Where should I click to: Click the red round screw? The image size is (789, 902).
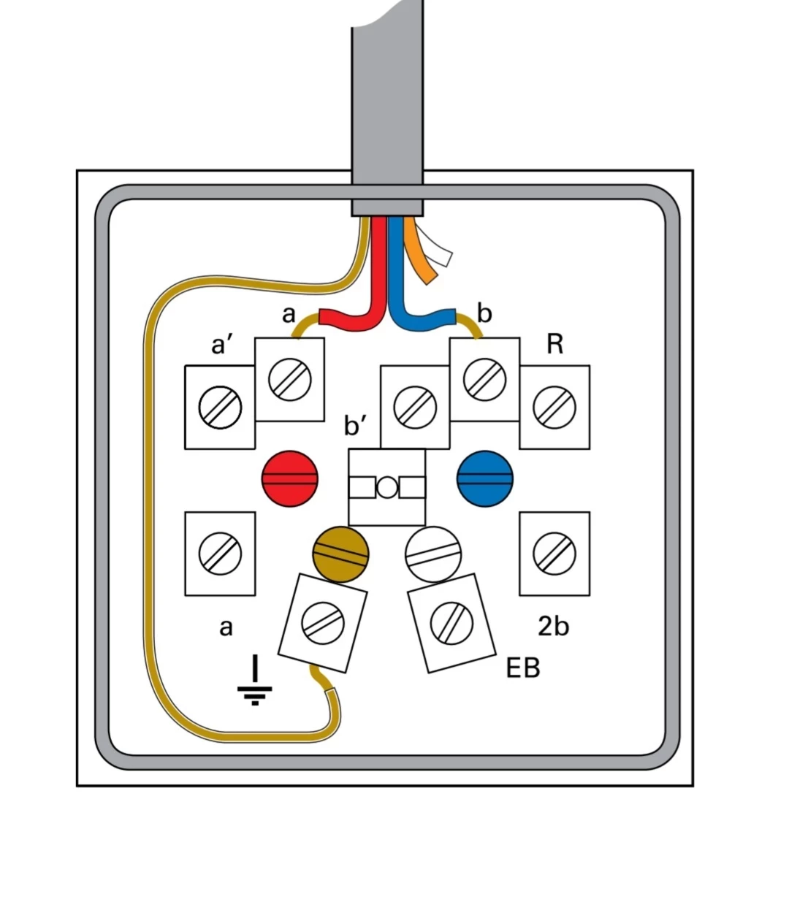(x=290, y=478)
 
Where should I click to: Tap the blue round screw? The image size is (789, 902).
(x=484, y=479)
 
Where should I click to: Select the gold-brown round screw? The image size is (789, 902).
(x=340, y=554)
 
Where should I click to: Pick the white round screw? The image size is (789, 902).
(x=433, y=554)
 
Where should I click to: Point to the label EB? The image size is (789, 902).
(x=523, y=668)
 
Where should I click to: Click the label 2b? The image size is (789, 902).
(x=553, y=627)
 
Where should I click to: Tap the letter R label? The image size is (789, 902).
(x=554, y=344)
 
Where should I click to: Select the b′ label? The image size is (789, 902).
(x=356, y=425)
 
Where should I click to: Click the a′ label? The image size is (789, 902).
(x=224, y=344)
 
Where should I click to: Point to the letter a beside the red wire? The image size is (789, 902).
(x=289, y=315)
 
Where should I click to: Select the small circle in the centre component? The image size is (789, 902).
(x=387, y=487)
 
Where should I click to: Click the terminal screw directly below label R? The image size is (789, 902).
(x=554, y=407)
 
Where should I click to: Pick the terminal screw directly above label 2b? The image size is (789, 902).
(x=554, y=553)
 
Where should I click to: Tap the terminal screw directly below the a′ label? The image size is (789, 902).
(x=220, y=407)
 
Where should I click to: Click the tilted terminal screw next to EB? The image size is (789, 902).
(x=451, y=622)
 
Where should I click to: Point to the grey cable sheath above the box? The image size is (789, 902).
(x=387, y=102)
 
